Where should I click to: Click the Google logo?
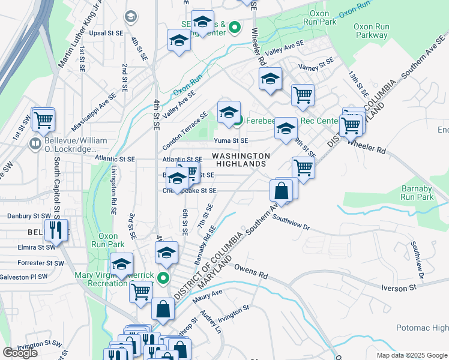click(x=20, y=353)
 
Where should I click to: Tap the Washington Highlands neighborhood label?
click(x=240, y=160)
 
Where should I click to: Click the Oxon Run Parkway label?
click(x=371, y=31)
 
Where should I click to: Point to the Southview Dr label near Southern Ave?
click(x=291, y=223)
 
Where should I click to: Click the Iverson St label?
click(x=399, y=289)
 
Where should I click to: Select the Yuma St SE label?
click(x=231, y=140)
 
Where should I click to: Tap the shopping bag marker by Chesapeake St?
click(x=282, y=191)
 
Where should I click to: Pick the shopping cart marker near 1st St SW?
click(x=43, y=120)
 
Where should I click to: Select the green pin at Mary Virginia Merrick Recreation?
click(x=163, y=278)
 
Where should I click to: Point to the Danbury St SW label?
click(x=29, y=215)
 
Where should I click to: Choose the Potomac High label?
click(x=422, y=328)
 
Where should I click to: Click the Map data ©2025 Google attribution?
click(x=412, y=355)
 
